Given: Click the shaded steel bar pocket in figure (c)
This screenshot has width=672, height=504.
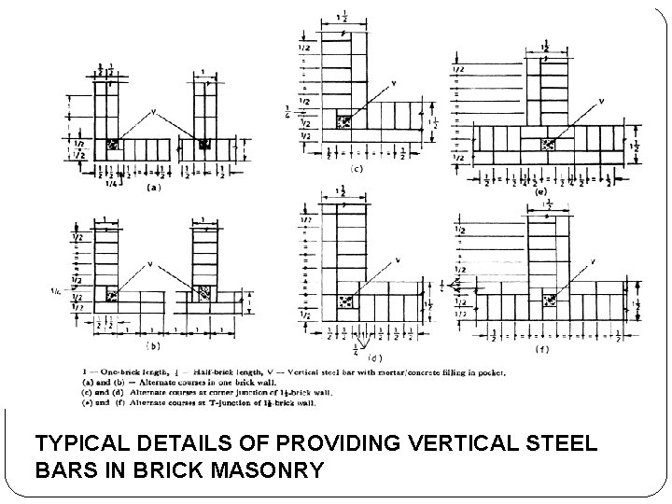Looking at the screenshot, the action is tap(344, 122).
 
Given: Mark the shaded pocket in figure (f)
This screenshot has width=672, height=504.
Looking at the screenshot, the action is tap(550, 300).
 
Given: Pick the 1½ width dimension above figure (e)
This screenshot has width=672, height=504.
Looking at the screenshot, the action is tap(546, 45).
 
